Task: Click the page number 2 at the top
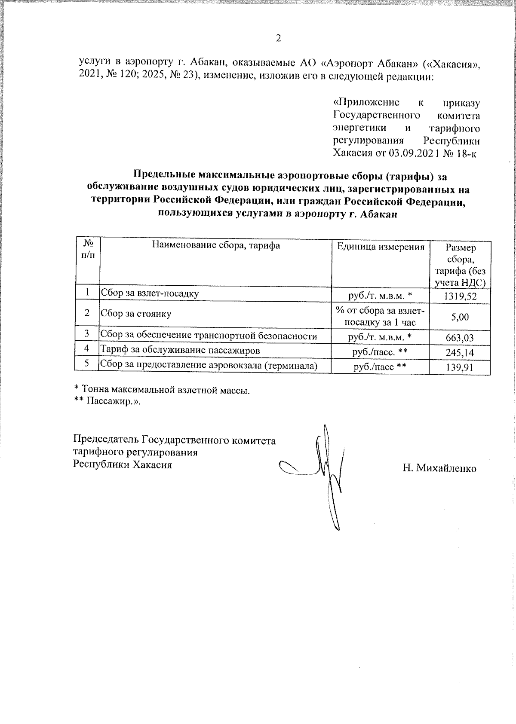(x=278, y=39)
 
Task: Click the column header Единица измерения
(x=380, y=247)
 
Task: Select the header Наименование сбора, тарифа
(x=215, y=245)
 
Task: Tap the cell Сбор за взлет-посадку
(x=150, y=293)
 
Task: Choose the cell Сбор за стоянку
(x=136, y=314)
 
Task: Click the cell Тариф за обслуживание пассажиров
(x=180, y=350)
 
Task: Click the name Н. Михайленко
(x=439, y=468)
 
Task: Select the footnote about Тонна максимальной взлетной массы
(x=162, y=391)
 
